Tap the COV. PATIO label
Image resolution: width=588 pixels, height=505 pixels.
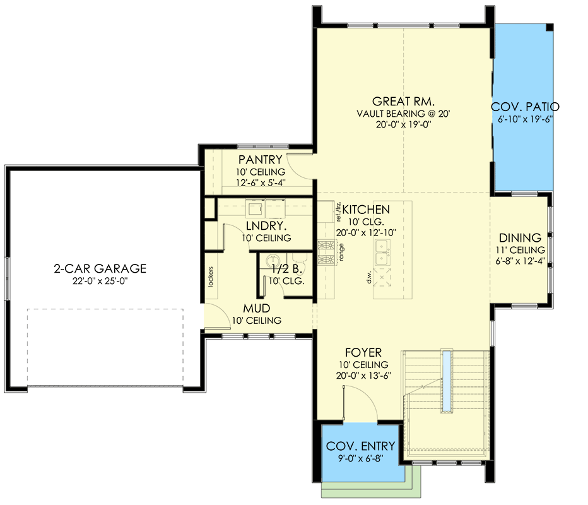click(525, 107)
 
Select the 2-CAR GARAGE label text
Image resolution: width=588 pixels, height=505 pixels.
click(100, 269)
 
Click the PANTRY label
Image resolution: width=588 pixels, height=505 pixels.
click(260, 160)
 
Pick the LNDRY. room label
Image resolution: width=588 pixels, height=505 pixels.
click(266, 226)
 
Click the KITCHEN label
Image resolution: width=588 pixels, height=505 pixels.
click(366, 210)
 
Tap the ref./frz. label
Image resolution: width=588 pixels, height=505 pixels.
click(338, 211)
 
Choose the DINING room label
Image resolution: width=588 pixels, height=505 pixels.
click(520, 238)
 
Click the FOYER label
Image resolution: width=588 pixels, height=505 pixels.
click(363, 353)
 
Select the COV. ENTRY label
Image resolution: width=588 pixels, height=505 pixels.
click(361, 447)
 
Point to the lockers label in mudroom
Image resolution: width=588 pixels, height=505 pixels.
click(210, 274)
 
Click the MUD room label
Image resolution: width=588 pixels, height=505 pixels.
click(256, 309)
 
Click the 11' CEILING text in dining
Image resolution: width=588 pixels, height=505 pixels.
click(520, 251)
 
